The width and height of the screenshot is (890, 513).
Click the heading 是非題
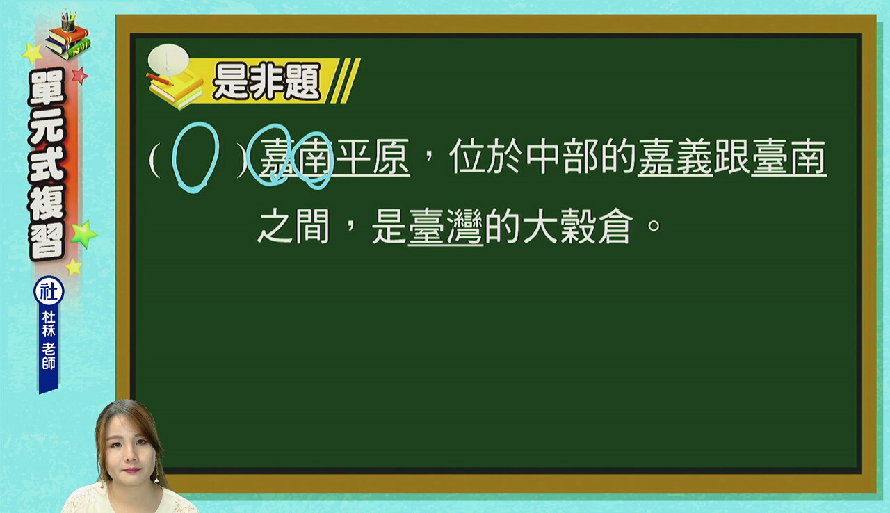(x=266, y=81)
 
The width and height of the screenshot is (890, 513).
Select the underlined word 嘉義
(x=675, y=157)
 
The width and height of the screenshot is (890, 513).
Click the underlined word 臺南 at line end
(x=788, y=157)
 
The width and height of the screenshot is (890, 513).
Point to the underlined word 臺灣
(x=446, y=227)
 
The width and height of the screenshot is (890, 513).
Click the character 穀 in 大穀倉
(x=577, y=226)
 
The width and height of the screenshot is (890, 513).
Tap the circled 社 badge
(x=49, y=291)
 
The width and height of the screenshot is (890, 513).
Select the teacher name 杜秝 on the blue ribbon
(x=49, y=324)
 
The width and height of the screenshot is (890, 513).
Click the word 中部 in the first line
(x=563, y=156)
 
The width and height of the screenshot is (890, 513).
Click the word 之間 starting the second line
(x=294, y=226)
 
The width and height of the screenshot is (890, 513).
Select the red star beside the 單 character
(x=80, y=76)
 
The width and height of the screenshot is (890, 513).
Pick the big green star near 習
(x=84, y=234)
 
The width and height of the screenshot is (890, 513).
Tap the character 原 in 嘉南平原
(x=391, y=156)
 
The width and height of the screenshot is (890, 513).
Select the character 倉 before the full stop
(x=615, y=226)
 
